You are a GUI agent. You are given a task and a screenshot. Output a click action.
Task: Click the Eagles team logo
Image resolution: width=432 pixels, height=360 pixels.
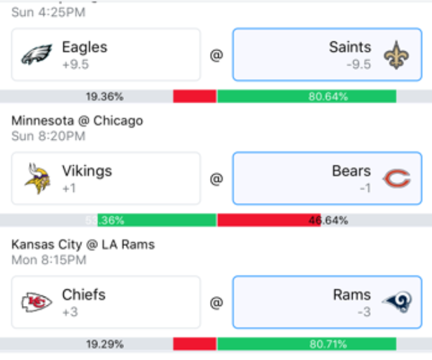36,55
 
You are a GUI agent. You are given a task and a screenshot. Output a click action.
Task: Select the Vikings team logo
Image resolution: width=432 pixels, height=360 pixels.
37,179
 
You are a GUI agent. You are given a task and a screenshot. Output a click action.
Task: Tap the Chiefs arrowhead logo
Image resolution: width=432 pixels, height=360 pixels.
36,303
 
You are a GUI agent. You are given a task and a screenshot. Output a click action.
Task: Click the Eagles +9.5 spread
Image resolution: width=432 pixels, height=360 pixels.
75,65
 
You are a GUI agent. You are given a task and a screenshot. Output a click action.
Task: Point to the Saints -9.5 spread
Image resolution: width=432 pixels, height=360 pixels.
359,65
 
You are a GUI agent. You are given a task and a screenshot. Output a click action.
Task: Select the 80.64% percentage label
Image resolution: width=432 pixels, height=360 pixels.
328,97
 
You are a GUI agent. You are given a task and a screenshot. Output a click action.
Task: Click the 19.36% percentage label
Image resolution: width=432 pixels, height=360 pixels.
105,97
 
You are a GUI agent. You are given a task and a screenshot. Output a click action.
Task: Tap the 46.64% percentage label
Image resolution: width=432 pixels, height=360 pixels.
328,221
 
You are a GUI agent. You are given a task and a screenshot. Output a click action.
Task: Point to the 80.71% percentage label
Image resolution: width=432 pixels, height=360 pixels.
328,345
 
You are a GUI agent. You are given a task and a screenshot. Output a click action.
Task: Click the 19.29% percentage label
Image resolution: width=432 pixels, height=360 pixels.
105,345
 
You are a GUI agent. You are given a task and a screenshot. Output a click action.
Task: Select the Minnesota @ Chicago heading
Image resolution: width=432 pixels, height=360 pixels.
77,121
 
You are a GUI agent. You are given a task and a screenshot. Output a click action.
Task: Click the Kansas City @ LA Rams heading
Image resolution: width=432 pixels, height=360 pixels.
83,245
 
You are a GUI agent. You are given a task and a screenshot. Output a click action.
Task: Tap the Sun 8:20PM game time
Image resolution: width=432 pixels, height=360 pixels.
49,136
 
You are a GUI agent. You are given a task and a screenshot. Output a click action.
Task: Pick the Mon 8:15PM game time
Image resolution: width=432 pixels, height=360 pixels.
49,260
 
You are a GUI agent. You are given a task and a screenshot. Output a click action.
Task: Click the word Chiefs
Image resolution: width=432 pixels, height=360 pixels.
84,295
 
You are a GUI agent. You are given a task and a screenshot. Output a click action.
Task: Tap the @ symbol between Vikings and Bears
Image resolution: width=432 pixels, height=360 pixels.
216,179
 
